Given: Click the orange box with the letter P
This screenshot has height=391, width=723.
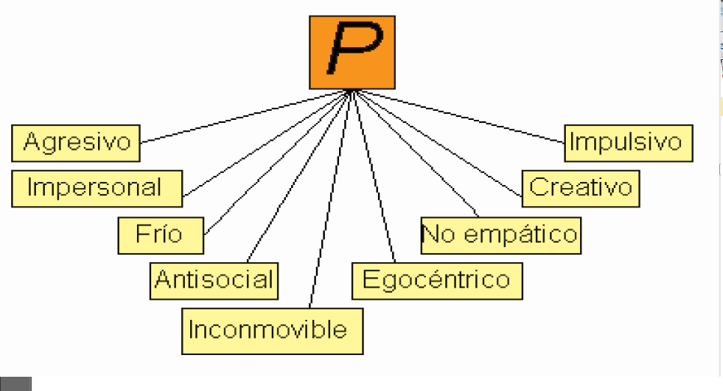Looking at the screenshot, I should click(352, 52).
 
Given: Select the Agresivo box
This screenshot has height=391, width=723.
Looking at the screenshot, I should click(76, 142).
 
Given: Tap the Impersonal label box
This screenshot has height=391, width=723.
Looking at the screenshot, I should click(97, 187).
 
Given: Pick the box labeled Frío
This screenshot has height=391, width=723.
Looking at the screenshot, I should click(161, 234).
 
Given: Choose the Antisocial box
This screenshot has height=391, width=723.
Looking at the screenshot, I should click(214, 280).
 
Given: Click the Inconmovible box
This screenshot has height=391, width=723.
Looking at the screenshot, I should click(272, 330).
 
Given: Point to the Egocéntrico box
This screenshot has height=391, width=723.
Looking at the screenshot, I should click(436, 281).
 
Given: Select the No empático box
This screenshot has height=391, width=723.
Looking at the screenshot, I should click(501, 234).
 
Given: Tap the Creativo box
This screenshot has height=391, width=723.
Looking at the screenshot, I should click(581, 187).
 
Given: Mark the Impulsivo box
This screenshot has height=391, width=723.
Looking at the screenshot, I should click(629, 142).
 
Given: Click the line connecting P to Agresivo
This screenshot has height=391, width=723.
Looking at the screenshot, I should click(247, 116).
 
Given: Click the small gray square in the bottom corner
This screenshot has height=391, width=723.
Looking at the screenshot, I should click(16, 384).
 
